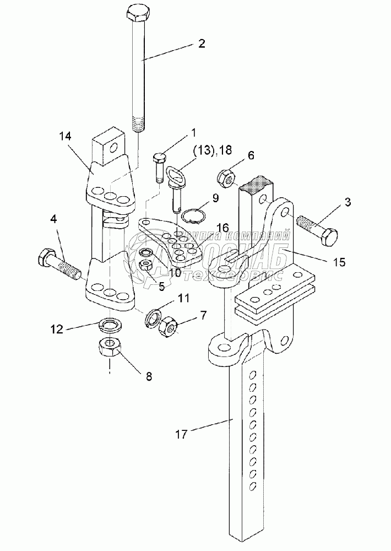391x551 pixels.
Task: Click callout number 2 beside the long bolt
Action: pos(202,45)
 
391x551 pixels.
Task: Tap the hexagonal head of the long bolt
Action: pos(137,13)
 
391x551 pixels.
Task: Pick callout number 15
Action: pos(339,262)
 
